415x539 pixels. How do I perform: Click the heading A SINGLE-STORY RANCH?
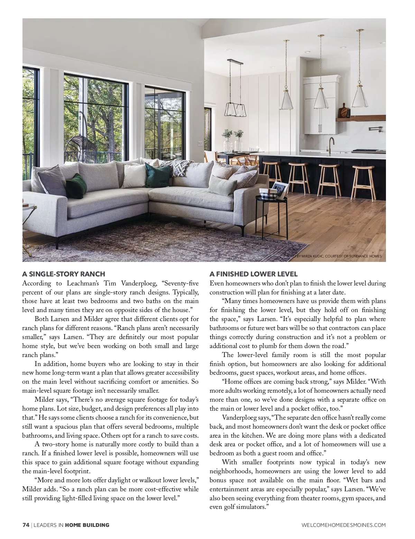click(x=63, y=274)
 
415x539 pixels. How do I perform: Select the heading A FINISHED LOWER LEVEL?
click(x=253, y=274)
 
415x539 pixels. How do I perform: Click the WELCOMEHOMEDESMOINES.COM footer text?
click(x=344, y=525)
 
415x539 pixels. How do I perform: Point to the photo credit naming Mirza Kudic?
click(x=333, y=256)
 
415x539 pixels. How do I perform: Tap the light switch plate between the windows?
click(x=200, y=143)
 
